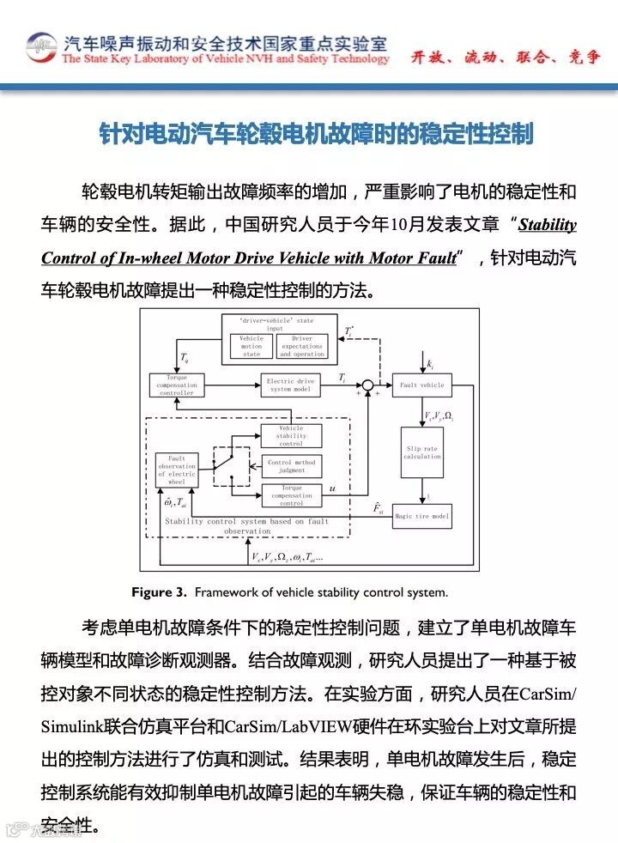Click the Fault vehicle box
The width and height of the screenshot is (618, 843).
(421, 385)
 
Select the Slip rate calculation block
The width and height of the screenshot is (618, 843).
(421, 452)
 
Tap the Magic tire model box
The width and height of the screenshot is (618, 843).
(421, 516)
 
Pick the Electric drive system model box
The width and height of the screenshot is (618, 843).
(291, 385)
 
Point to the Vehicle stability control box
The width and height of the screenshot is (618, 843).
(291, 436)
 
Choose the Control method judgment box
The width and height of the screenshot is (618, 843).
(291, 466)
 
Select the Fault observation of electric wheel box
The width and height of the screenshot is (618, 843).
(177, 470)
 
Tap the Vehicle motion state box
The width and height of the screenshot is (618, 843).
(251, 346)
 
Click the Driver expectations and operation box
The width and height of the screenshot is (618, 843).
(302, 346)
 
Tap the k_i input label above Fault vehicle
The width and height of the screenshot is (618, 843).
(429, 365)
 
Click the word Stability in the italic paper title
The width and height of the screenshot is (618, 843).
(548, 225)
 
